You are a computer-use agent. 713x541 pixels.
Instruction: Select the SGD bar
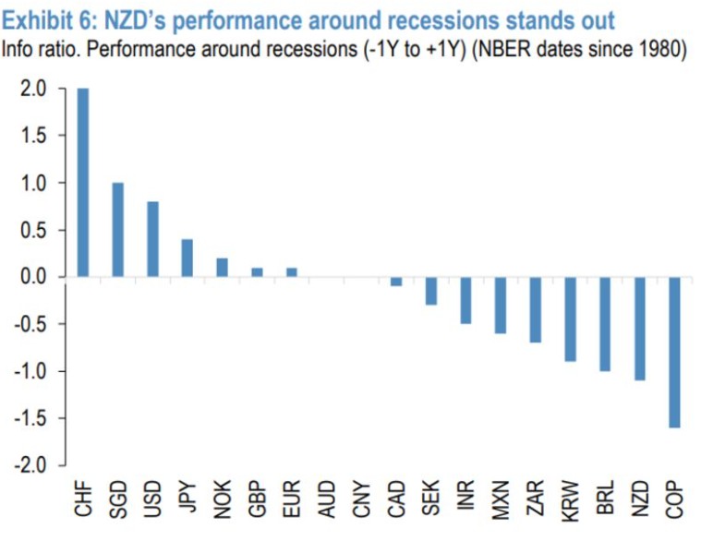(118, 230)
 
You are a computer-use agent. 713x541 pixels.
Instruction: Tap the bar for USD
(153, 239)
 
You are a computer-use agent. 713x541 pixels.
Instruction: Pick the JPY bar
(187, 258)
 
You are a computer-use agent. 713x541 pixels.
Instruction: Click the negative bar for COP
(675, 352)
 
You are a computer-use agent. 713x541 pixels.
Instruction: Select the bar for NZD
(640, 329)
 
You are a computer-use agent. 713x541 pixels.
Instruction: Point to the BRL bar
(606, 324)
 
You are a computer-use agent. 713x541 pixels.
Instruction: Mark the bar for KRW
(571, 319)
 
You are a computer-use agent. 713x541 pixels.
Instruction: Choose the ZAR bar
(536, 310)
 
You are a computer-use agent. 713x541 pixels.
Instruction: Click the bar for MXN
(502, 306)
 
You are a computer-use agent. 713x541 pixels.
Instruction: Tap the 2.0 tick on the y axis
(32, 90)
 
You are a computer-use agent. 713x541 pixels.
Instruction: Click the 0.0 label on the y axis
(32, 277)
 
